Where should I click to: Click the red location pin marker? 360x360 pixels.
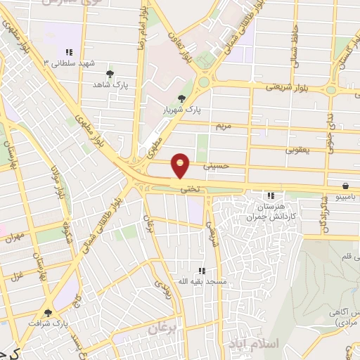click(181, 167)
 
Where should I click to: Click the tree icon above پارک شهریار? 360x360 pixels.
click(182, 98)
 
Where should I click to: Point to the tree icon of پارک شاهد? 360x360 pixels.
click(109, 73)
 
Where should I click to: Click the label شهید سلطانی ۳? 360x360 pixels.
click(69, 63)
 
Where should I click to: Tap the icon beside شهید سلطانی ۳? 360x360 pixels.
click(69, 52)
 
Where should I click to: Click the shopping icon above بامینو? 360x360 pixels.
click(346, 186)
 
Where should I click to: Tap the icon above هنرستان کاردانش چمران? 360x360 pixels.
click(270, 195)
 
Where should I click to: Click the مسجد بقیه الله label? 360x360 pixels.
click(200, 281)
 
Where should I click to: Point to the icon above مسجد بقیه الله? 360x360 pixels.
click(202, 270)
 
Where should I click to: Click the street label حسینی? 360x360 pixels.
click(215, 167)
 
